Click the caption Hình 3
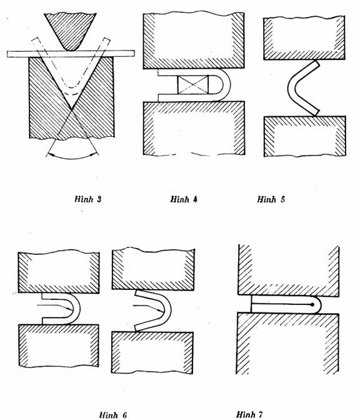tap(88, 199)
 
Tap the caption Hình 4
tap(184, 199)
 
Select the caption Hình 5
tap(271, 199)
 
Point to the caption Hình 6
tap(112, 415)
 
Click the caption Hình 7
tap(249, 414)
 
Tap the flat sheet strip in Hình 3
tap(71, 54)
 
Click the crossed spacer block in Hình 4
tap(193, 84)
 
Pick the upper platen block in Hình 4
tap(194, 40)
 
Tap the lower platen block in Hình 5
tap(305, 136)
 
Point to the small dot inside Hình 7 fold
tap(312, 304)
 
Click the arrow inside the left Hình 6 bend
tap(55, 307)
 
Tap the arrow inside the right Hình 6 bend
tap(148, 307)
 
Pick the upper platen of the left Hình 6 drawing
tap(59, 272)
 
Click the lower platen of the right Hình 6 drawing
tap(152, 352)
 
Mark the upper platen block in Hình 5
tap(304, 38)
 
